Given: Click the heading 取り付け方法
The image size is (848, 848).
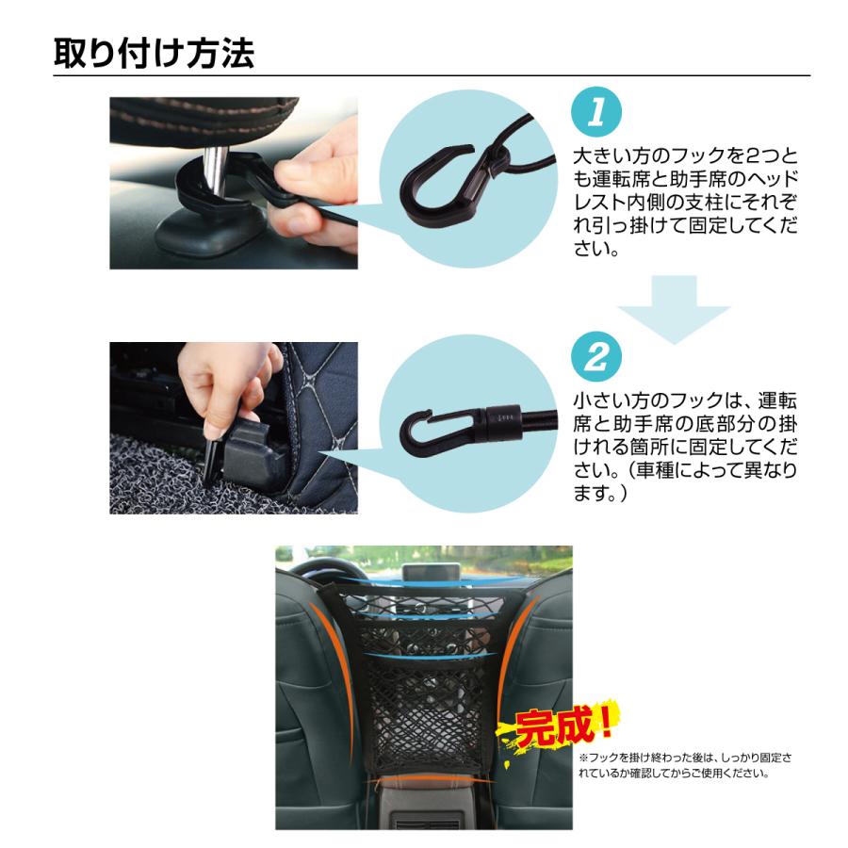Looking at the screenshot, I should click(x=154, y=52).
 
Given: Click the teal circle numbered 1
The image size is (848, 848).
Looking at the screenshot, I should click(x=595, y=116).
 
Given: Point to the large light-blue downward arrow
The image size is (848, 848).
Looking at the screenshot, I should click(x=675, y=306).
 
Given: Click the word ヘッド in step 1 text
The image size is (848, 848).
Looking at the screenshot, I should click(x=773, y=179).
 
